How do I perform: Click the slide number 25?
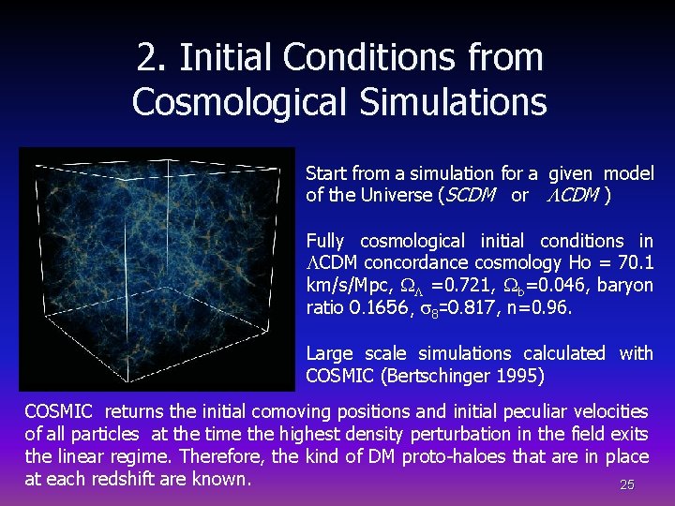[x=627, y=485]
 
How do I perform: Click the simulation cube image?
[x=157, y=268]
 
